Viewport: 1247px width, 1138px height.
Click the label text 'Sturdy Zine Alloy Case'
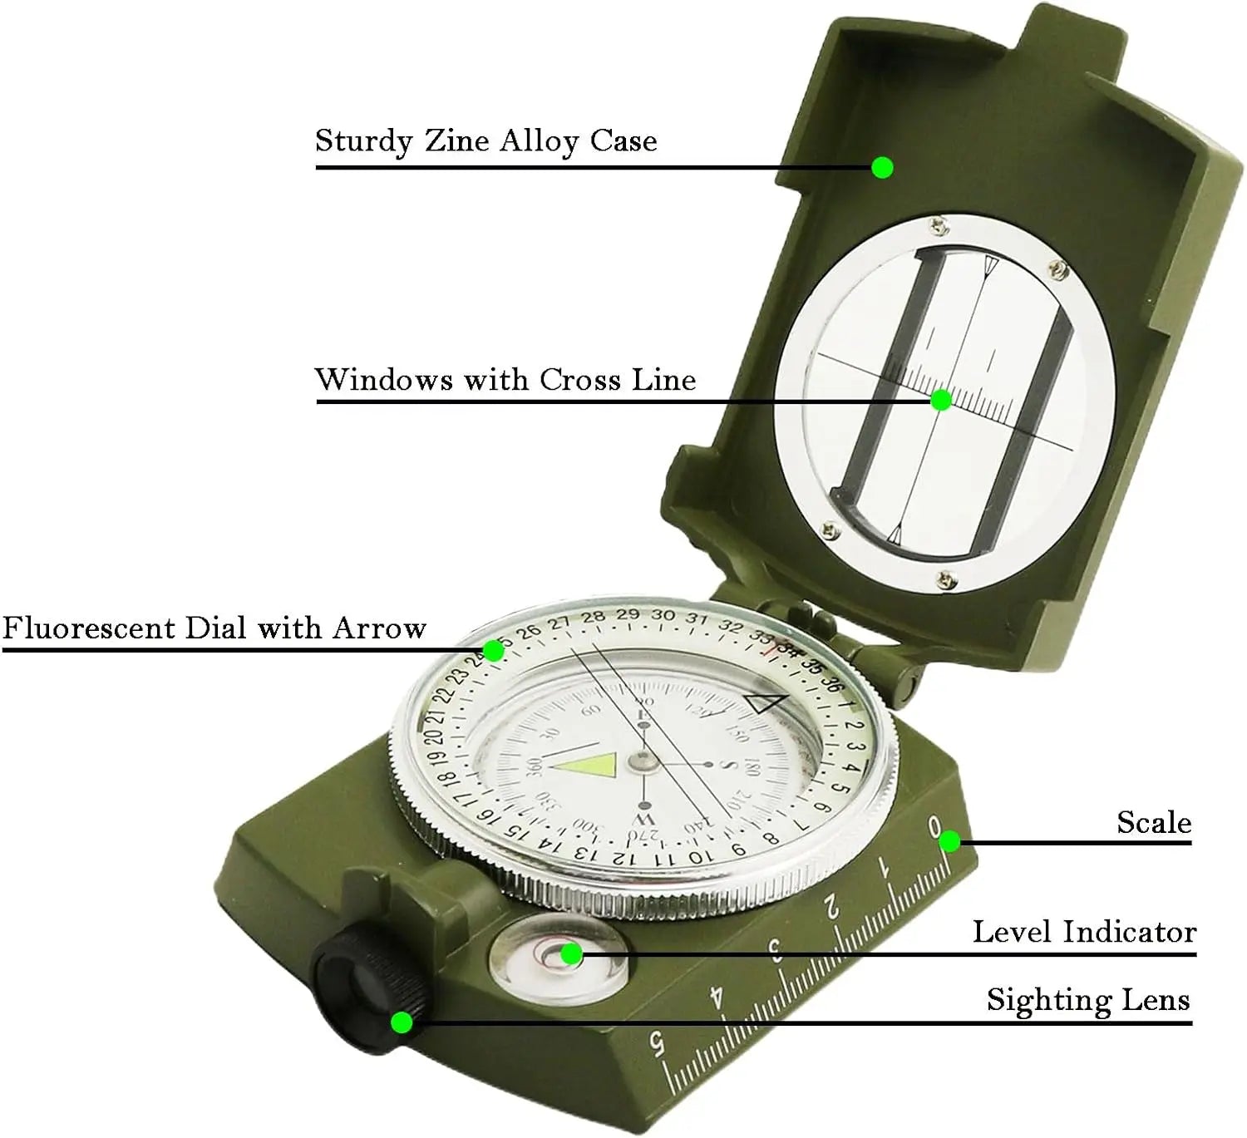[x=485, y=141]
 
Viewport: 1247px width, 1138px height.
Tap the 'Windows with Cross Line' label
[x=505, y=380]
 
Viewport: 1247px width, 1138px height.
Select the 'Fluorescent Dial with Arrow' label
[x=214, y=628]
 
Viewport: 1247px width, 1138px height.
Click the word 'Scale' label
[x=1153, y=823]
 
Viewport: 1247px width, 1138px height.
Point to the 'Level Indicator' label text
[x=1084, y=932]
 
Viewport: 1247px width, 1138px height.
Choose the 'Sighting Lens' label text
[x=1087, y=1000]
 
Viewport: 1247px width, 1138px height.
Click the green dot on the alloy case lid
[x=882, y=168]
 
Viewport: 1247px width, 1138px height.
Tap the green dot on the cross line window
[x=940, y=401]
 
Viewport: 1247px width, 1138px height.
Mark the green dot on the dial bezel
[x=494, y=650]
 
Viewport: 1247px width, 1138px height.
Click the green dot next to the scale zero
[x=949, y=842]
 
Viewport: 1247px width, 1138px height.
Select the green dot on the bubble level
[x=571, y=954]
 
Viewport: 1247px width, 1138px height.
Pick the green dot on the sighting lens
[x=402, y=1022]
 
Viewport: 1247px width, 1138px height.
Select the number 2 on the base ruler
[x=832, y=910]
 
